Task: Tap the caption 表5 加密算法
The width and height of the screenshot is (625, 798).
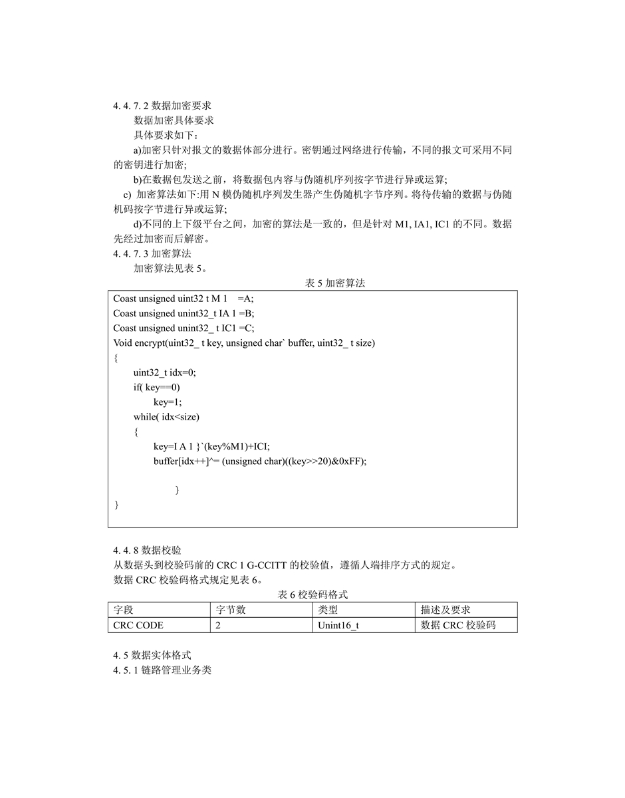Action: (335, 283)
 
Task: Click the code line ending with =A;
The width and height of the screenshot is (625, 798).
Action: (184, 299)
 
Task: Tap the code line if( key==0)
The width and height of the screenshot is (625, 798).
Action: (157, 387)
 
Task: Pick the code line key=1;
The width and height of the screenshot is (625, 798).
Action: (168, 402)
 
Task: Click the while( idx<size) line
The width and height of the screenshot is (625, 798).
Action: (166, 417)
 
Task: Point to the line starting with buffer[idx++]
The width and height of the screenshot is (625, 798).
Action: (260, 461)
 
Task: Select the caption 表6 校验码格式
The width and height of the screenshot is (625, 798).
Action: (312, 595)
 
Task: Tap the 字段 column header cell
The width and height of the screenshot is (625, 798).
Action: (124, 610)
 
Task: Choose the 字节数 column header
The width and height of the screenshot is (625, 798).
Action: (231, 610)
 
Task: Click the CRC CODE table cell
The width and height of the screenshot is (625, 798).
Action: (138, 625)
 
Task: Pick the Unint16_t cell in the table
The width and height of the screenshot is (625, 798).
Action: (338, 625)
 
